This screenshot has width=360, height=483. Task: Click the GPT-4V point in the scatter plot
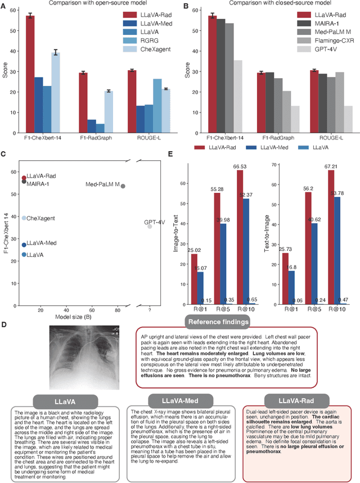pos(150,226)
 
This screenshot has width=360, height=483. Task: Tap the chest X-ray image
pos(84,358)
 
